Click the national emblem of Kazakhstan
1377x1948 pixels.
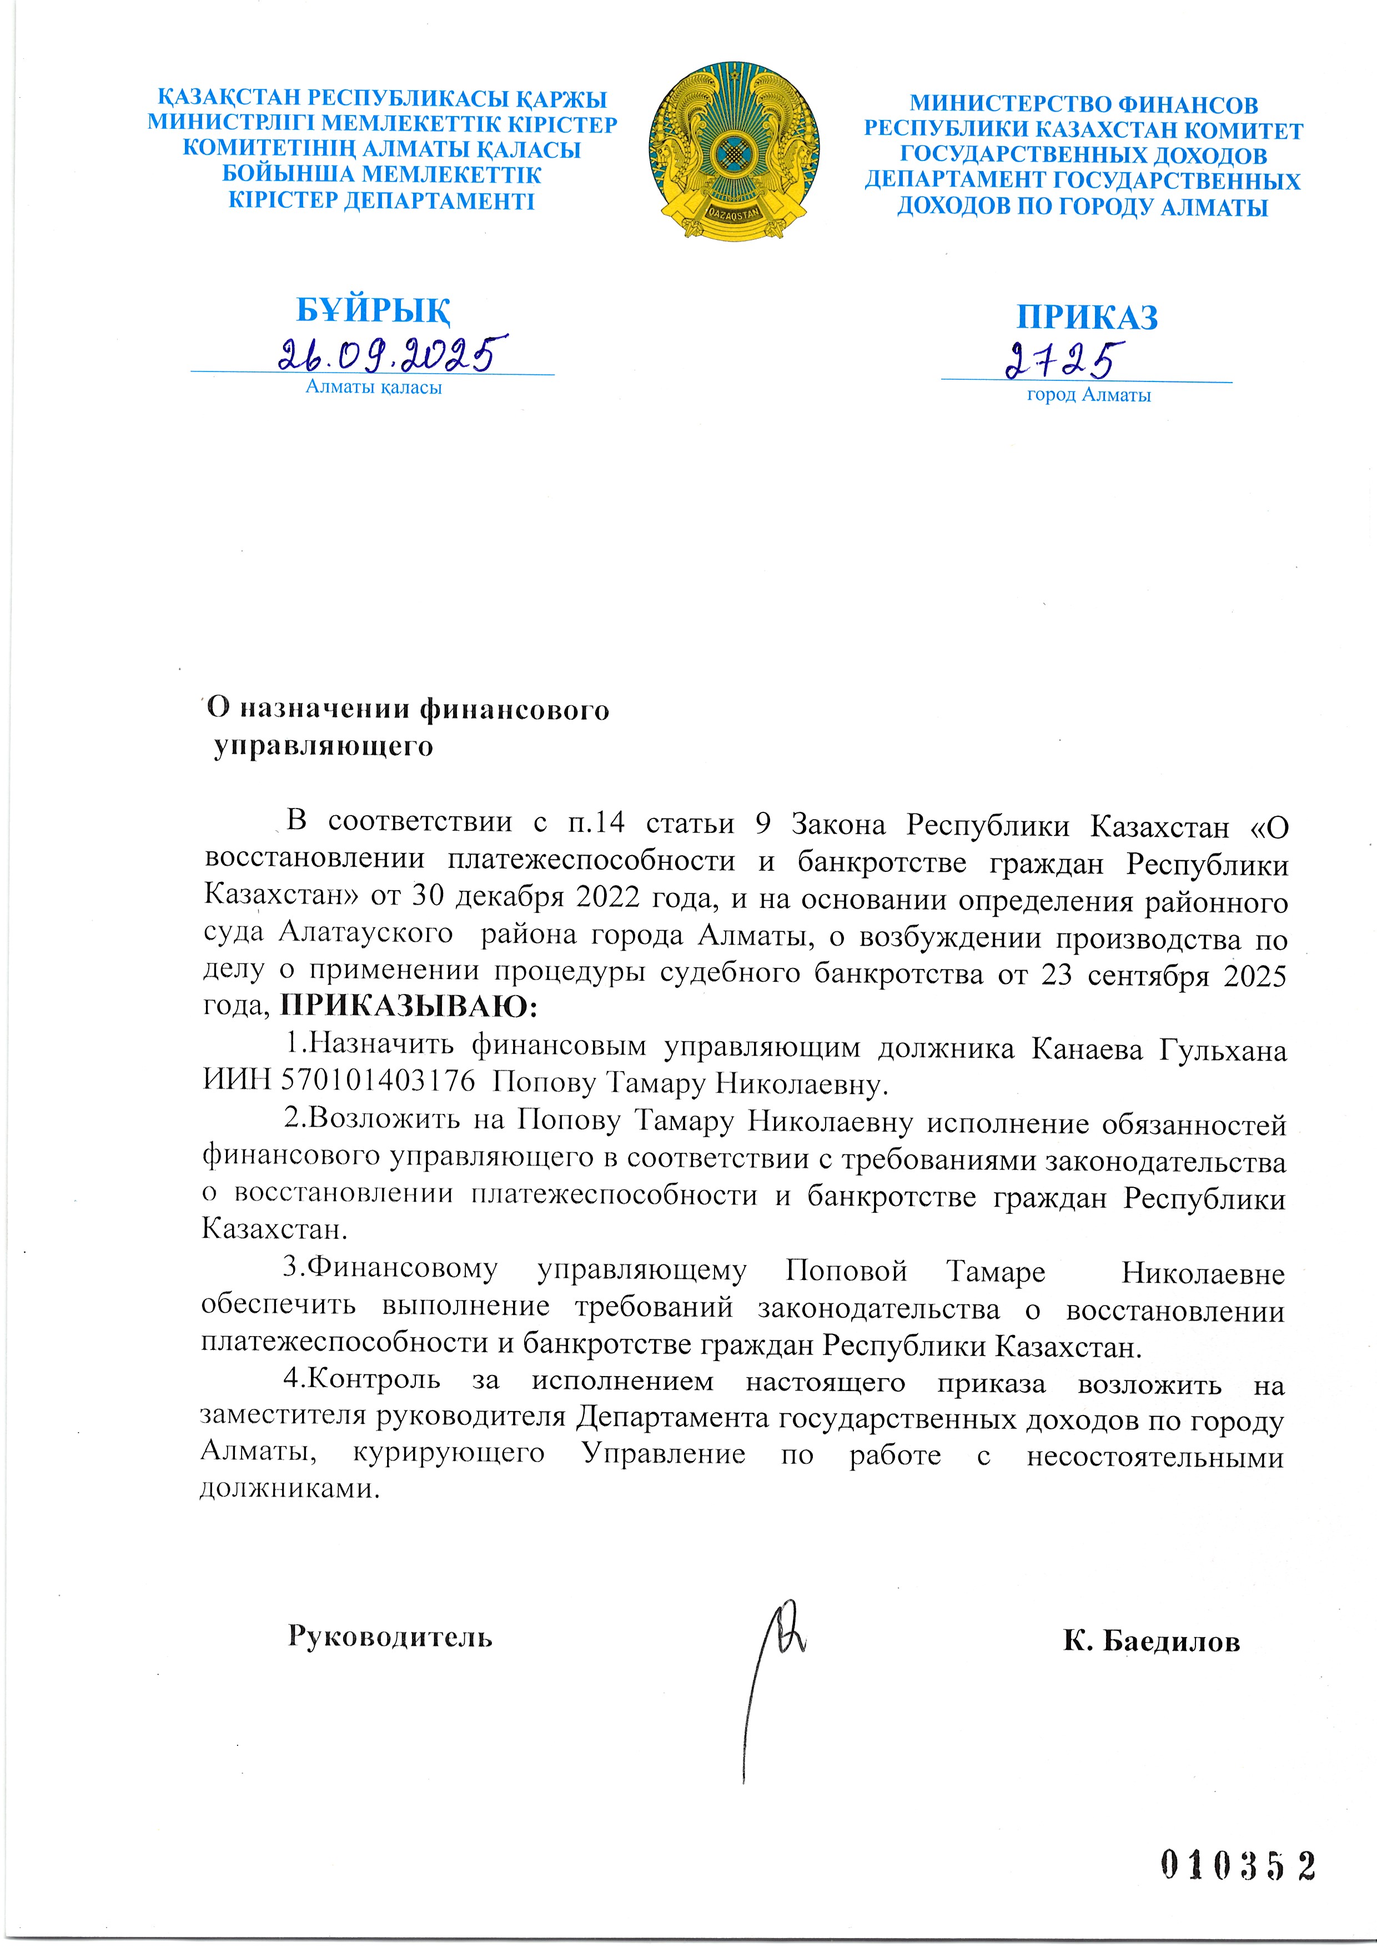(734, 150)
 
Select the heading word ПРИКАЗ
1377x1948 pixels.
(1087, 317)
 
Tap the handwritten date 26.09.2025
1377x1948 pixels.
(393, 353)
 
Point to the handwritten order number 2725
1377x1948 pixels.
(1065, 360)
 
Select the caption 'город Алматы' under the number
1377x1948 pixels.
(1088, 394)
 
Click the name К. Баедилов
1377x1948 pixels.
(1152, 1641)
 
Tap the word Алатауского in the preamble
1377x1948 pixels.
(366, 933)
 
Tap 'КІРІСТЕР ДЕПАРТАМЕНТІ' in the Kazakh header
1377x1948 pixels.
(382, 201)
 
